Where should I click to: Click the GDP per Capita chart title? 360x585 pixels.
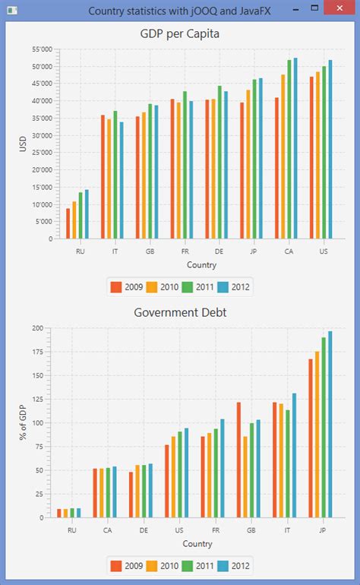pyautogui.click(x=180, y=34)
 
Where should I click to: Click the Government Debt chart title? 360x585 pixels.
pyautogui.click(x=180, y=312)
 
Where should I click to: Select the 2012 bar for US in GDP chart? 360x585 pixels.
pyautogui.click(x=330, y=149)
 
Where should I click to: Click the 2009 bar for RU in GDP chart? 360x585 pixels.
pyautogui.click(x=68, y=223)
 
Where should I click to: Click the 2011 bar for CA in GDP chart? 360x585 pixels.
pyautogui.click(x=289, y=149)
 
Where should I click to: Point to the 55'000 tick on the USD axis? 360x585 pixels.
pyautogui.click(x=40, y=49)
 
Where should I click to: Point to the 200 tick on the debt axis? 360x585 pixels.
pyautogui.click(x=45, y=328)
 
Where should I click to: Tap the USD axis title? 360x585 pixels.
pyautogui.click(x=23, y=144)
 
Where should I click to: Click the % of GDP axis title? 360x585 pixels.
pyautogui.click(x=23, y=422)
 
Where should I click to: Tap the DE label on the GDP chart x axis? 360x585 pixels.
pyautogui.click(x=219, y=251)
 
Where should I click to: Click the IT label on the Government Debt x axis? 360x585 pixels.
pyautogui.click(x=287, y=530)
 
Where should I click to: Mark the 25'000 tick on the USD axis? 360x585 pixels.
pyautogui.click(x=40, y=153)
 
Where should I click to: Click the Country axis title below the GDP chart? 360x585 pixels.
pyautogui.click(x=201, y=265)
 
